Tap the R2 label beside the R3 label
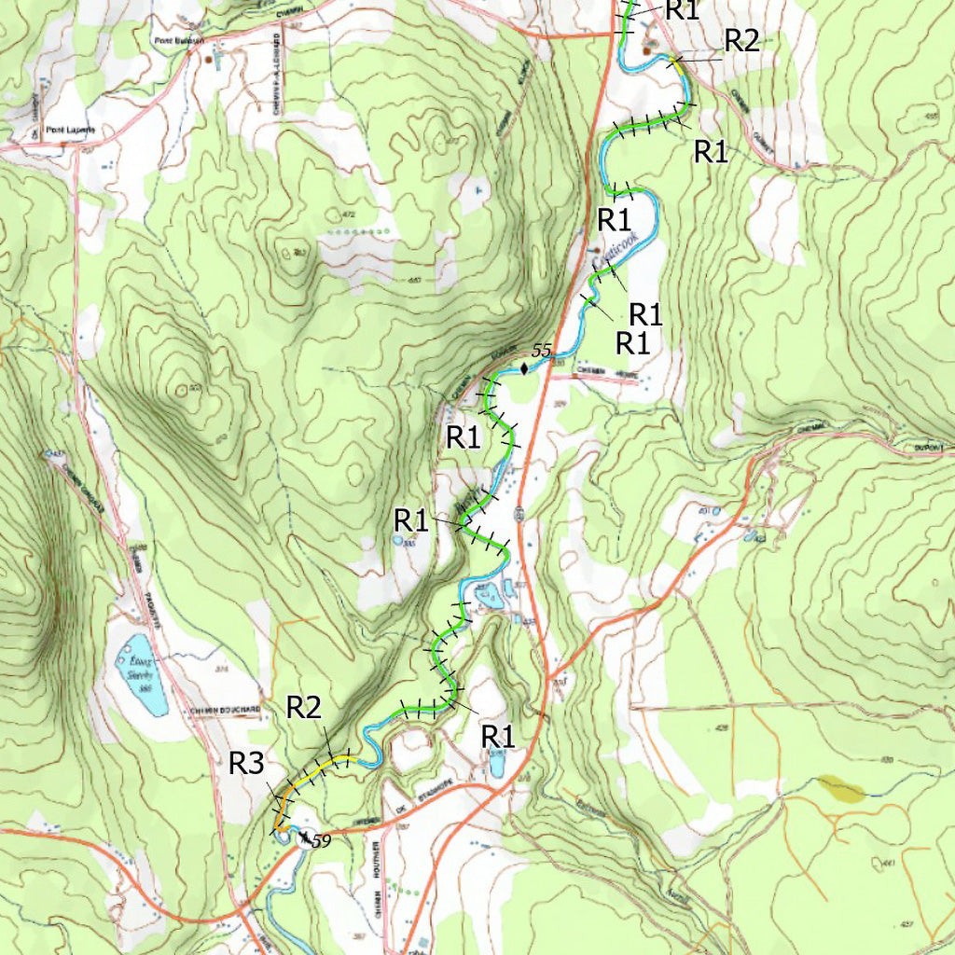coord(304,707)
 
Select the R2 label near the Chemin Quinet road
coord(742,40)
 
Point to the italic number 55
coord(542,352)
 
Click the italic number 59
coord(321,840)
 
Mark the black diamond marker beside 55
coord(524,368)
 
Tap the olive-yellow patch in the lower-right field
coord(841,790)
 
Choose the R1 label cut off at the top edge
coord(681,9)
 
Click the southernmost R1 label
coord(498,735)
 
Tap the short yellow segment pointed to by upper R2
coord(675,62)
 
